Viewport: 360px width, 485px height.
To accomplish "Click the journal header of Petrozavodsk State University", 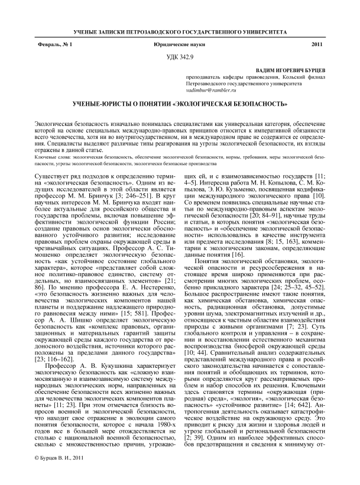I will pos(180,30).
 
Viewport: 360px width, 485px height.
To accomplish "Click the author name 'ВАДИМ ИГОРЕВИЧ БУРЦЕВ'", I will pos(283,69).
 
